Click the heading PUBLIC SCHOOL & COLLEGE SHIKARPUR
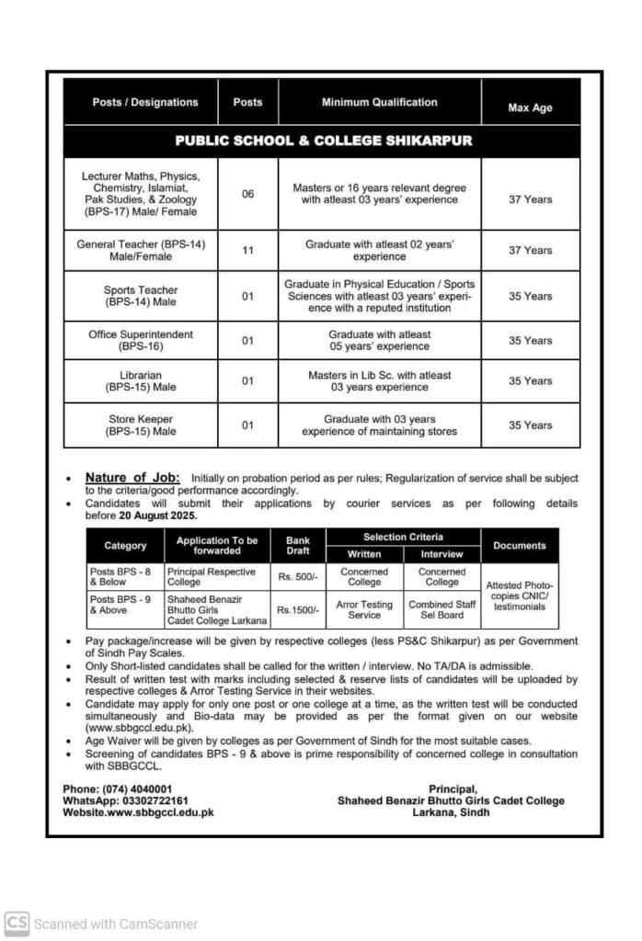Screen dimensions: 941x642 pos(323,142)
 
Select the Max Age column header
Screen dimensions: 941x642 pos(530,108)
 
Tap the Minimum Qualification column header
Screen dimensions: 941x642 pos(379,102)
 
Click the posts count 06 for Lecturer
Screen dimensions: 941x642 pos(247,194)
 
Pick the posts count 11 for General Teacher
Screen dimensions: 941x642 pos(247,250)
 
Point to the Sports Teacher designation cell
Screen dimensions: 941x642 pos(141,296)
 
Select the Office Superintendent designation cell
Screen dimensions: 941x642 pos(141,341)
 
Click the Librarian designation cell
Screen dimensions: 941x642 pos(141,381)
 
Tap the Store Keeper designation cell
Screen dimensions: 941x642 pos(141,425)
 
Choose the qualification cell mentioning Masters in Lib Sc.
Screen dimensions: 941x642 pos(379,381)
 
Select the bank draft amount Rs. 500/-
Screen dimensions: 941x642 pos(298,577)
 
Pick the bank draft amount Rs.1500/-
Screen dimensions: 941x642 pos(298,610)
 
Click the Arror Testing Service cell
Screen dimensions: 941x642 pos(364,610)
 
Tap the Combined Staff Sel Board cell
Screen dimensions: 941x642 pos(441,610)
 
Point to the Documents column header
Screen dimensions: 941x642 pos(519,546)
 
